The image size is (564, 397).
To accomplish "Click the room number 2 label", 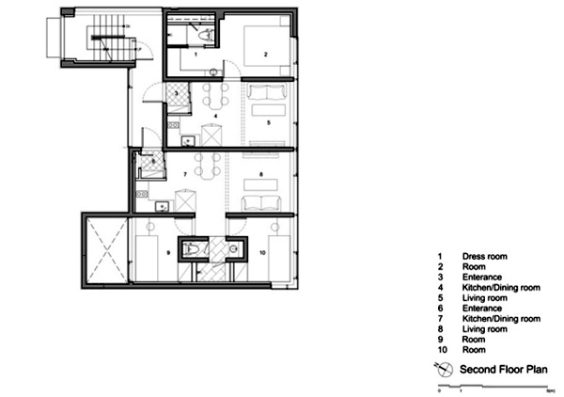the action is tap(266, 55).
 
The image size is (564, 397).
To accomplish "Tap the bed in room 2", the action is tap(267, 46).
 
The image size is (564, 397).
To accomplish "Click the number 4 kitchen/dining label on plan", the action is tap(215, 116).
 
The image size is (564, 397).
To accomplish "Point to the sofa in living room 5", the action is tap(267, 92).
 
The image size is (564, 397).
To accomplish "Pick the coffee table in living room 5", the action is tap(269, 110).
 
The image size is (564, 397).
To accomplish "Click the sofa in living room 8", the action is tap(261, 203).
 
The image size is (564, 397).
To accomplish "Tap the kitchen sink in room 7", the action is tap(163, 207).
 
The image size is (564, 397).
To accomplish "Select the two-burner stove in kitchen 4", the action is tap(173, 125).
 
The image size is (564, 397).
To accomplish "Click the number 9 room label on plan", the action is tap(168, 253).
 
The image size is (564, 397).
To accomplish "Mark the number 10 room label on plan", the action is tap(262, 253).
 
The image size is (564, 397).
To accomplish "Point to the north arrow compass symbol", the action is tap(444, 369).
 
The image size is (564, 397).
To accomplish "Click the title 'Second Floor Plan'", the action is tap(504, 370).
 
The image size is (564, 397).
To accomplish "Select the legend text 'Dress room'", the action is tap(484, 256).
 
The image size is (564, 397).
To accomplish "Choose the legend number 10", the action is tap(442, 349).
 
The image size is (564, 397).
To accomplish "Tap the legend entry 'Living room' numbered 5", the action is tap(484, 298).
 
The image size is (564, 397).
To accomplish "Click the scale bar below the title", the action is tap(493, 387).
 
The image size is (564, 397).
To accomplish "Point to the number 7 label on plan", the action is tap(185, 175).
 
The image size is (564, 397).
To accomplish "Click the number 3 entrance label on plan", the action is tap(177, 93).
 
